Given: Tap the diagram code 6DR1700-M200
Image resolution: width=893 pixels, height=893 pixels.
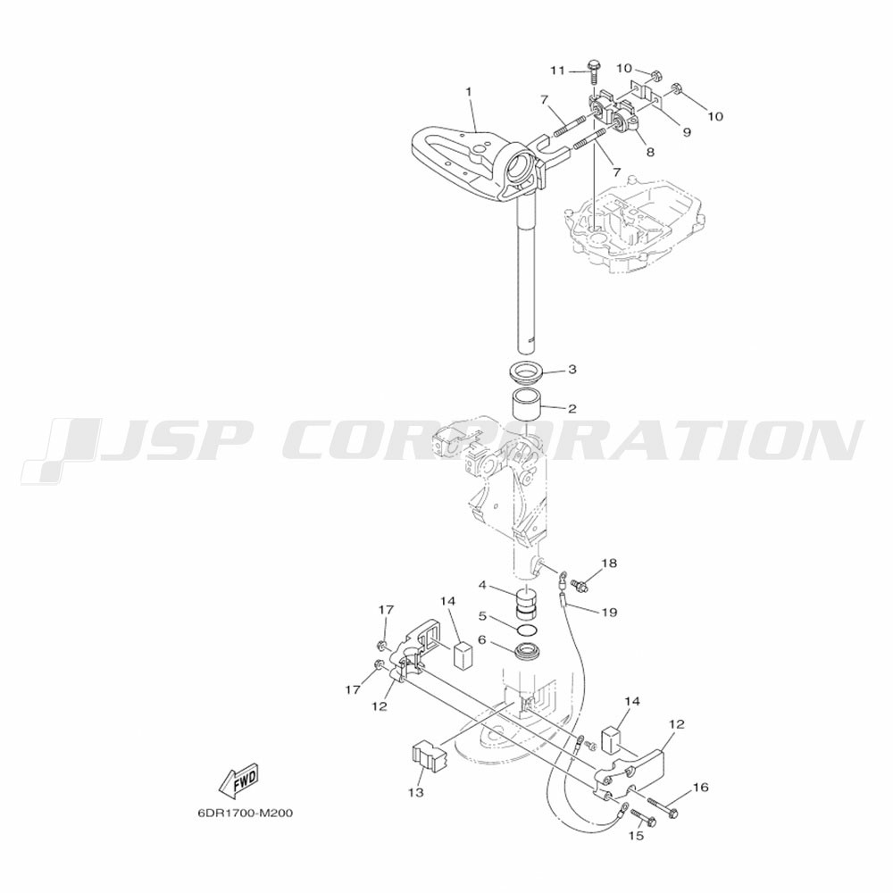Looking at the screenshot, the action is [x=246, y=813].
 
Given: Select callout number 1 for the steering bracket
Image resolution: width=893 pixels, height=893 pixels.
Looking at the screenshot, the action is [x=469, y=91].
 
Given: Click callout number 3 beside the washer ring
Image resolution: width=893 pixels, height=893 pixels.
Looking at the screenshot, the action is [x=572, y=369].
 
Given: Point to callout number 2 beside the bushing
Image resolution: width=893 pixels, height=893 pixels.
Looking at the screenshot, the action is [x=572, y=408].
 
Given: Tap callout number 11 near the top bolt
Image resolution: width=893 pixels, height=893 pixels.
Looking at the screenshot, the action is [x=557, y=71].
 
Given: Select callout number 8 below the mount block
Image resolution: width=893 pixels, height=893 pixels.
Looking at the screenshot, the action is [x=650, y=152].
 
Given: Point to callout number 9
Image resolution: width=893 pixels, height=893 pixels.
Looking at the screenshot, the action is [x=687, y=132].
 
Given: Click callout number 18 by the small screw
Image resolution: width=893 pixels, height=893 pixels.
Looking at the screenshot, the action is [x=609, y=563].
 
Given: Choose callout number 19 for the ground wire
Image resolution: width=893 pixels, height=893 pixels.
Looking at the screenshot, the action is [x=609, y=613].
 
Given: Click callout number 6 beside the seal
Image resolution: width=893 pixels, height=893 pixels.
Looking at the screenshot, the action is [x=482, y=640].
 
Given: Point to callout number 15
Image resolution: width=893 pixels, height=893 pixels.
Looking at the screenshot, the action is [x=636, y=836].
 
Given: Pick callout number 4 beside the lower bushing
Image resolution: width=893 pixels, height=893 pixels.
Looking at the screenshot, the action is [x=482, y=585].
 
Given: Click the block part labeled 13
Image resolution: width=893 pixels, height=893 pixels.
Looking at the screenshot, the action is [x=429, y=755].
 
